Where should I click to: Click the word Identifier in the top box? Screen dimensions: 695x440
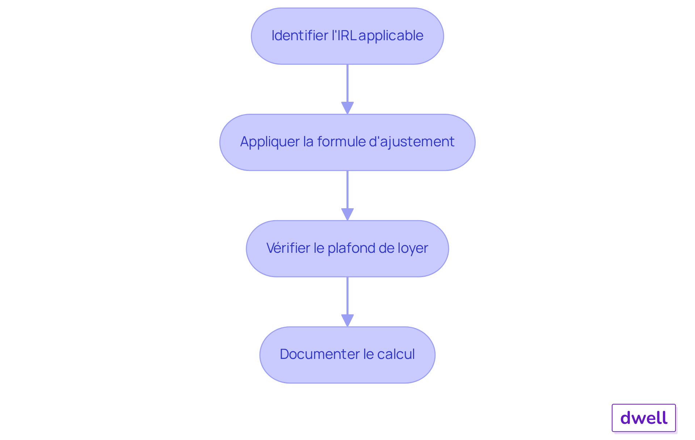pyautogui.click(x=300, y=35)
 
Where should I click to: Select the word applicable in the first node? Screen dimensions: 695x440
pyautogui.click(x=391, y=36)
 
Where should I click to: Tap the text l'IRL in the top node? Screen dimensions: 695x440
pyautogui.click(x=344, y=35)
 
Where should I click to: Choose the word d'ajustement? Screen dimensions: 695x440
pyautogui.click(x=412, y=142)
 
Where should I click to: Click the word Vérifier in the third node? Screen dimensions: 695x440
pyautogui.click(x=288, y=248)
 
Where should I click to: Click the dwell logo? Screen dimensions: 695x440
pyautogui.click(x=644, y=418)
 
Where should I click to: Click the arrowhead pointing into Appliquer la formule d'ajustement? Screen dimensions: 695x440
pyautogui.click(x=347, y=108)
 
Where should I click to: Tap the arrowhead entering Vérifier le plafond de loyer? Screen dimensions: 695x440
pyautogui.click(x=347, y=214)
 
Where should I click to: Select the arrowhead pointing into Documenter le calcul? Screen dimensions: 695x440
pyautogui.click(x=347, y=320)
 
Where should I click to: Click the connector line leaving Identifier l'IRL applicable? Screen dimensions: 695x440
pyautogui.click(x=347, y=83)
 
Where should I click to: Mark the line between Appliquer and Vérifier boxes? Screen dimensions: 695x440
pyautogui.click(x=347, y=190)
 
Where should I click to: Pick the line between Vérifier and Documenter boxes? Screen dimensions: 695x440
pyautogui.click(x=347, y=296)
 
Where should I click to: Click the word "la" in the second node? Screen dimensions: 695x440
pyautogui.click(x=308, y=142)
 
